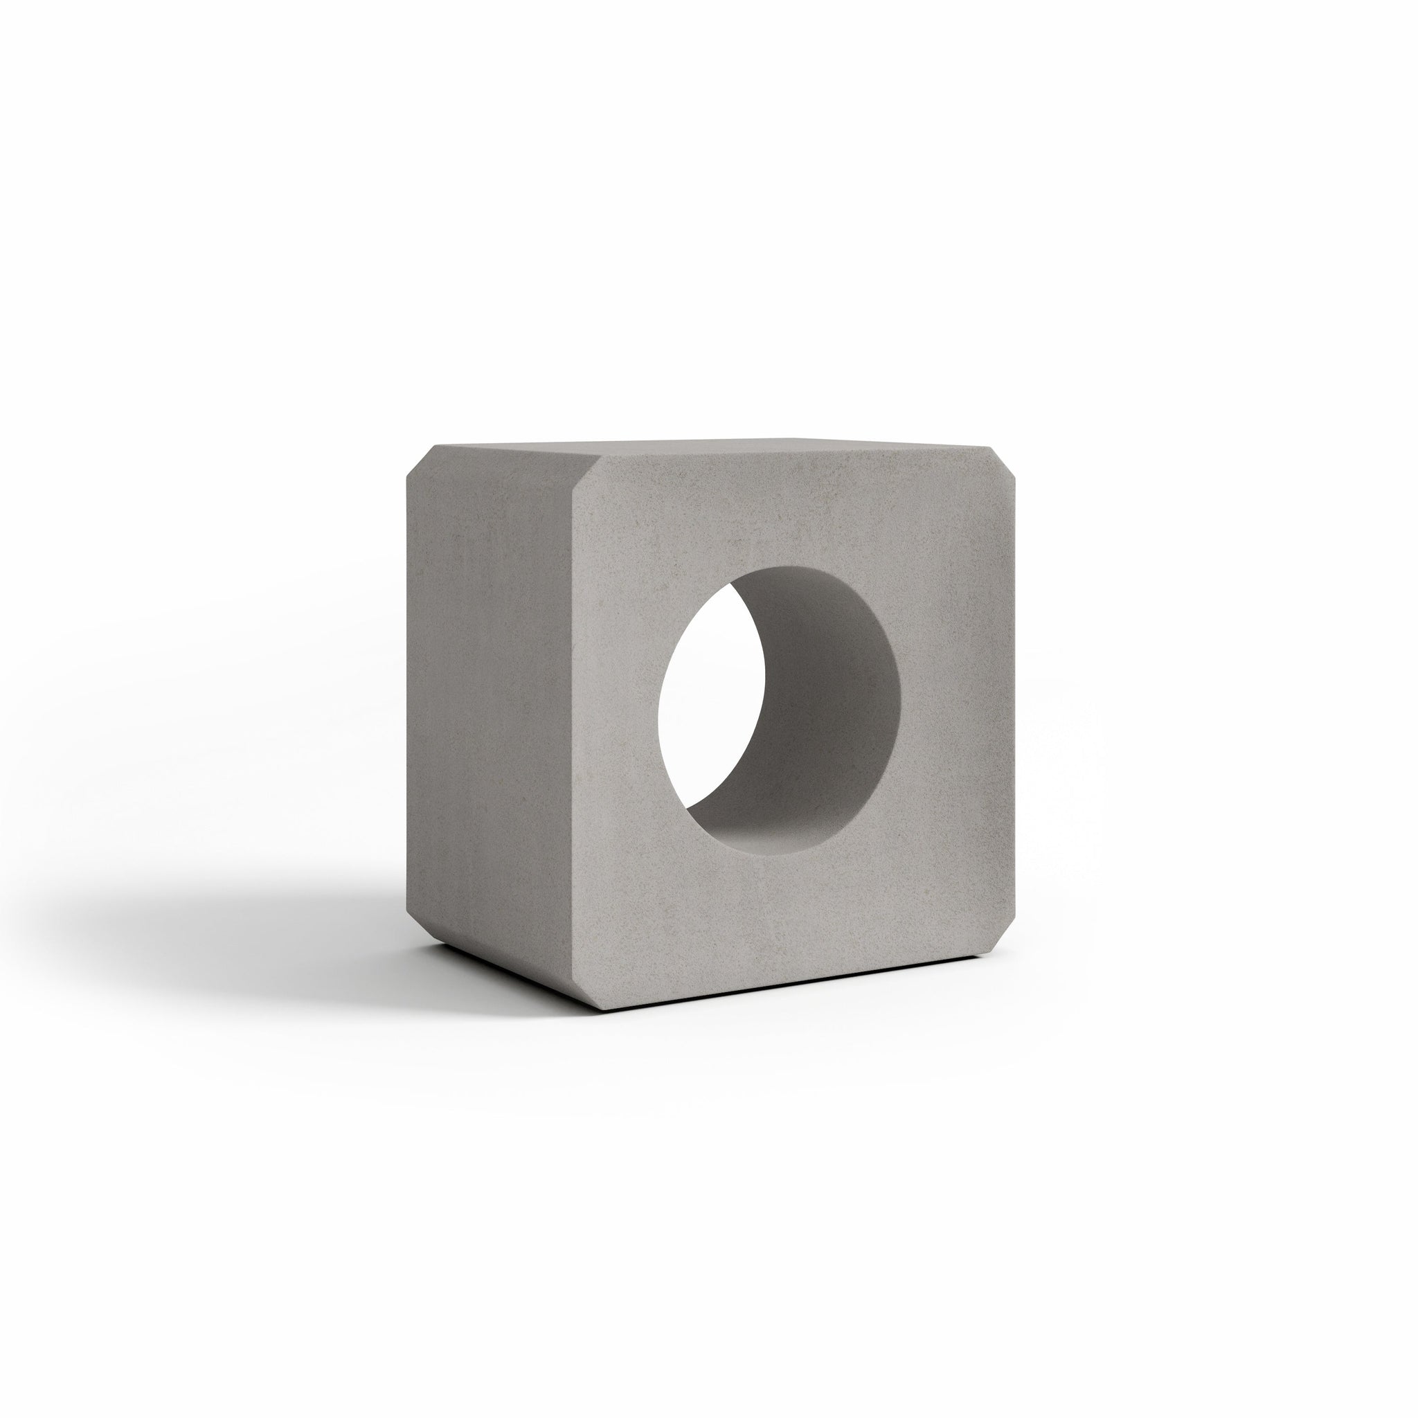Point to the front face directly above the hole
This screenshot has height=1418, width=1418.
coord(778,514)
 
